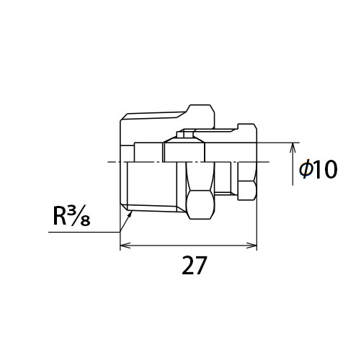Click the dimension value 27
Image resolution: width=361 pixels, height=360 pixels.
pyautogui.click(x=194, y=265)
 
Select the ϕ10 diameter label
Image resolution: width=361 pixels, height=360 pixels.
pyautogui.click(x=318, y=169)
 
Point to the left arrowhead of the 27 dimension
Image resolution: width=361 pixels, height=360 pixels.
pyautogui.click(x=125, y=246)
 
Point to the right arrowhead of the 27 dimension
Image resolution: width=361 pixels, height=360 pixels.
pyautogui.click(x=252, y=246)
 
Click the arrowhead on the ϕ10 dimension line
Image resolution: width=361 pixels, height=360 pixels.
pyautogui.click(x=293, y=148)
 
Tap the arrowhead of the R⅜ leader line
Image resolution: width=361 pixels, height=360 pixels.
pyautogui.click(x=130, y=215)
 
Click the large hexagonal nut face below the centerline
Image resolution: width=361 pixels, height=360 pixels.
pyautogui.click(x=200, y=204)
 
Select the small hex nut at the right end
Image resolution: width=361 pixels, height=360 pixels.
pyautogui.click(x=247, y=191)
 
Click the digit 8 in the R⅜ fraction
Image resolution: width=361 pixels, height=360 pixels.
pyautogui.click(x=85, y=221)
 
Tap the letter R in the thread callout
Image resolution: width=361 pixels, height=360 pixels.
pyautogui.click(x=60, y=217)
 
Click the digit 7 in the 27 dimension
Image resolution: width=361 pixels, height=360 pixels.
pyautogui.click(x=200, y=265)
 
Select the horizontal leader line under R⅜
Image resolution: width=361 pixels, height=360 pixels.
pyautogui.click(x=84, y=232)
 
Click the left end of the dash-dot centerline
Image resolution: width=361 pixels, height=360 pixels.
pyautogui.click(x=108, y=162)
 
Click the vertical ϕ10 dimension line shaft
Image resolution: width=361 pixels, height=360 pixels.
pyautogui.click(x=293, y=164)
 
